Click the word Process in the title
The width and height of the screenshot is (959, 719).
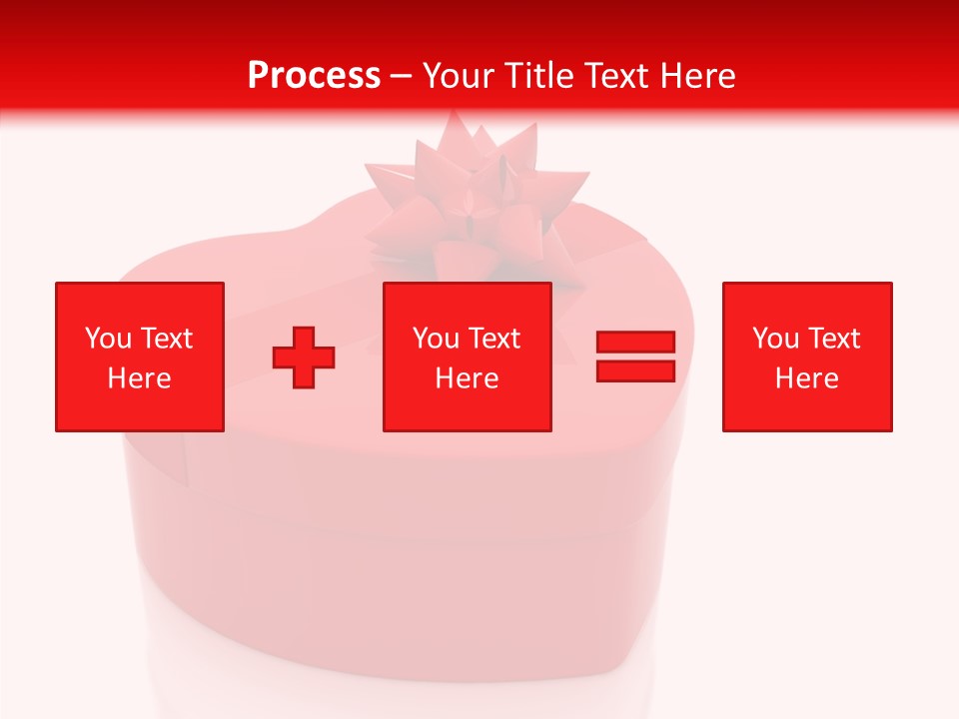tap(314, 75)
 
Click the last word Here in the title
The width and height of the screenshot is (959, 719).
tap(700, 75)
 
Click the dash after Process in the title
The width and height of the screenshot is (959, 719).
tap(402, 76)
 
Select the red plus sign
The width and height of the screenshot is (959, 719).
tap(304, 358)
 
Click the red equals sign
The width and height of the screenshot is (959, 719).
tap(635, 357)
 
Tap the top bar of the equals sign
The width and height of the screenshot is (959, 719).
tap(635, 343)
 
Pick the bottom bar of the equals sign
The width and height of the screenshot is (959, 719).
tap(635, 370)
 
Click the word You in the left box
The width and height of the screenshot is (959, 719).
tap(106, 339)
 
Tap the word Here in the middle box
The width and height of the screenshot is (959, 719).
tap(467, 378)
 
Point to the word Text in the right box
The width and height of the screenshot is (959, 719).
tap(834, 339)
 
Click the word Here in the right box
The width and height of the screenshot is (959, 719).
tap(806, 378)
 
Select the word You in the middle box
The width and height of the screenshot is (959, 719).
tap(435, 339)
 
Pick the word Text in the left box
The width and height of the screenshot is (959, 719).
tap(166, 339)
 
